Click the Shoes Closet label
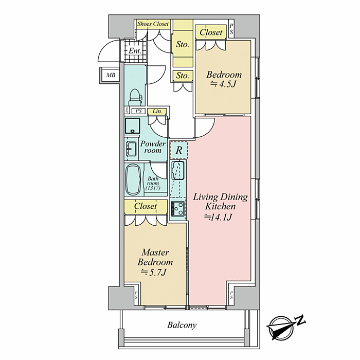click(153, 24)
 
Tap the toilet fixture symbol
click(135, 98)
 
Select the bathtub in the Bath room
click(133, 179)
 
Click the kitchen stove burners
click(178, 209)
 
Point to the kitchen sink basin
click(178, 171)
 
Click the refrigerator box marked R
click(179, 150)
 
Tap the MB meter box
click(111, 75)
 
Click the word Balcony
click(182, 325)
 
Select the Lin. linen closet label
click(157, 112)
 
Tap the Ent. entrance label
click(135, 51)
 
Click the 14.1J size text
click(218, 217)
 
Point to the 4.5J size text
click(223, 84)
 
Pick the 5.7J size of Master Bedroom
click(154, 272)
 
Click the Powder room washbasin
click(131, 149)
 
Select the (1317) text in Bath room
click(153, 188)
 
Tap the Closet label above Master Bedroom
click(146, 206)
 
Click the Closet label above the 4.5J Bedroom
click(211, 32)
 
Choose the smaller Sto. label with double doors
click(183, 76)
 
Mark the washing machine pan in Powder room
click(132, 126)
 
